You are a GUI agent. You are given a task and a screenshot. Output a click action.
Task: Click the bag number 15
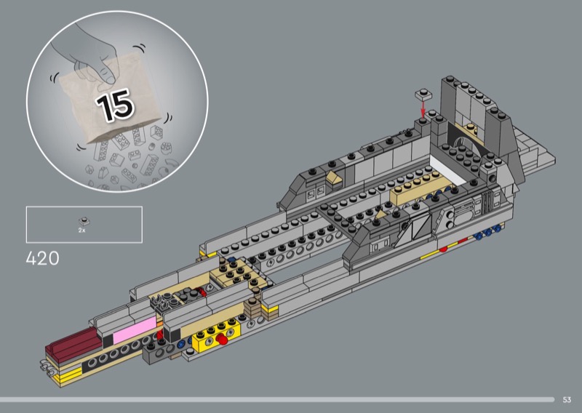[x=115, y=105]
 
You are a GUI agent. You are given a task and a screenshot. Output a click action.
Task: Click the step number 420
[x=42, y=259]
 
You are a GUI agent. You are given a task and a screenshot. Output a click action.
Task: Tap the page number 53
[x=567, y=400]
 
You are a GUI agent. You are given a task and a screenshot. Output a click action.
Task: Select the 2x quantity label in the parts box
[x=81, y=230]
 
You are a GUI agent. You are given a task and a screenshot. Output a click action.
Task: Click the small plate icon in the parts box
[x=84, y=222]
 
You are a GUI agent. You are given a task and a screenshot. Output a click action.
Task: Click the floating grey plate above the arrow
[x=423, y=95]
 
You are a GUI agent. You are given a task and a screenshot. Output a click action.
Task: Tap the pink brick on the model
[x=135, y=329]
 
